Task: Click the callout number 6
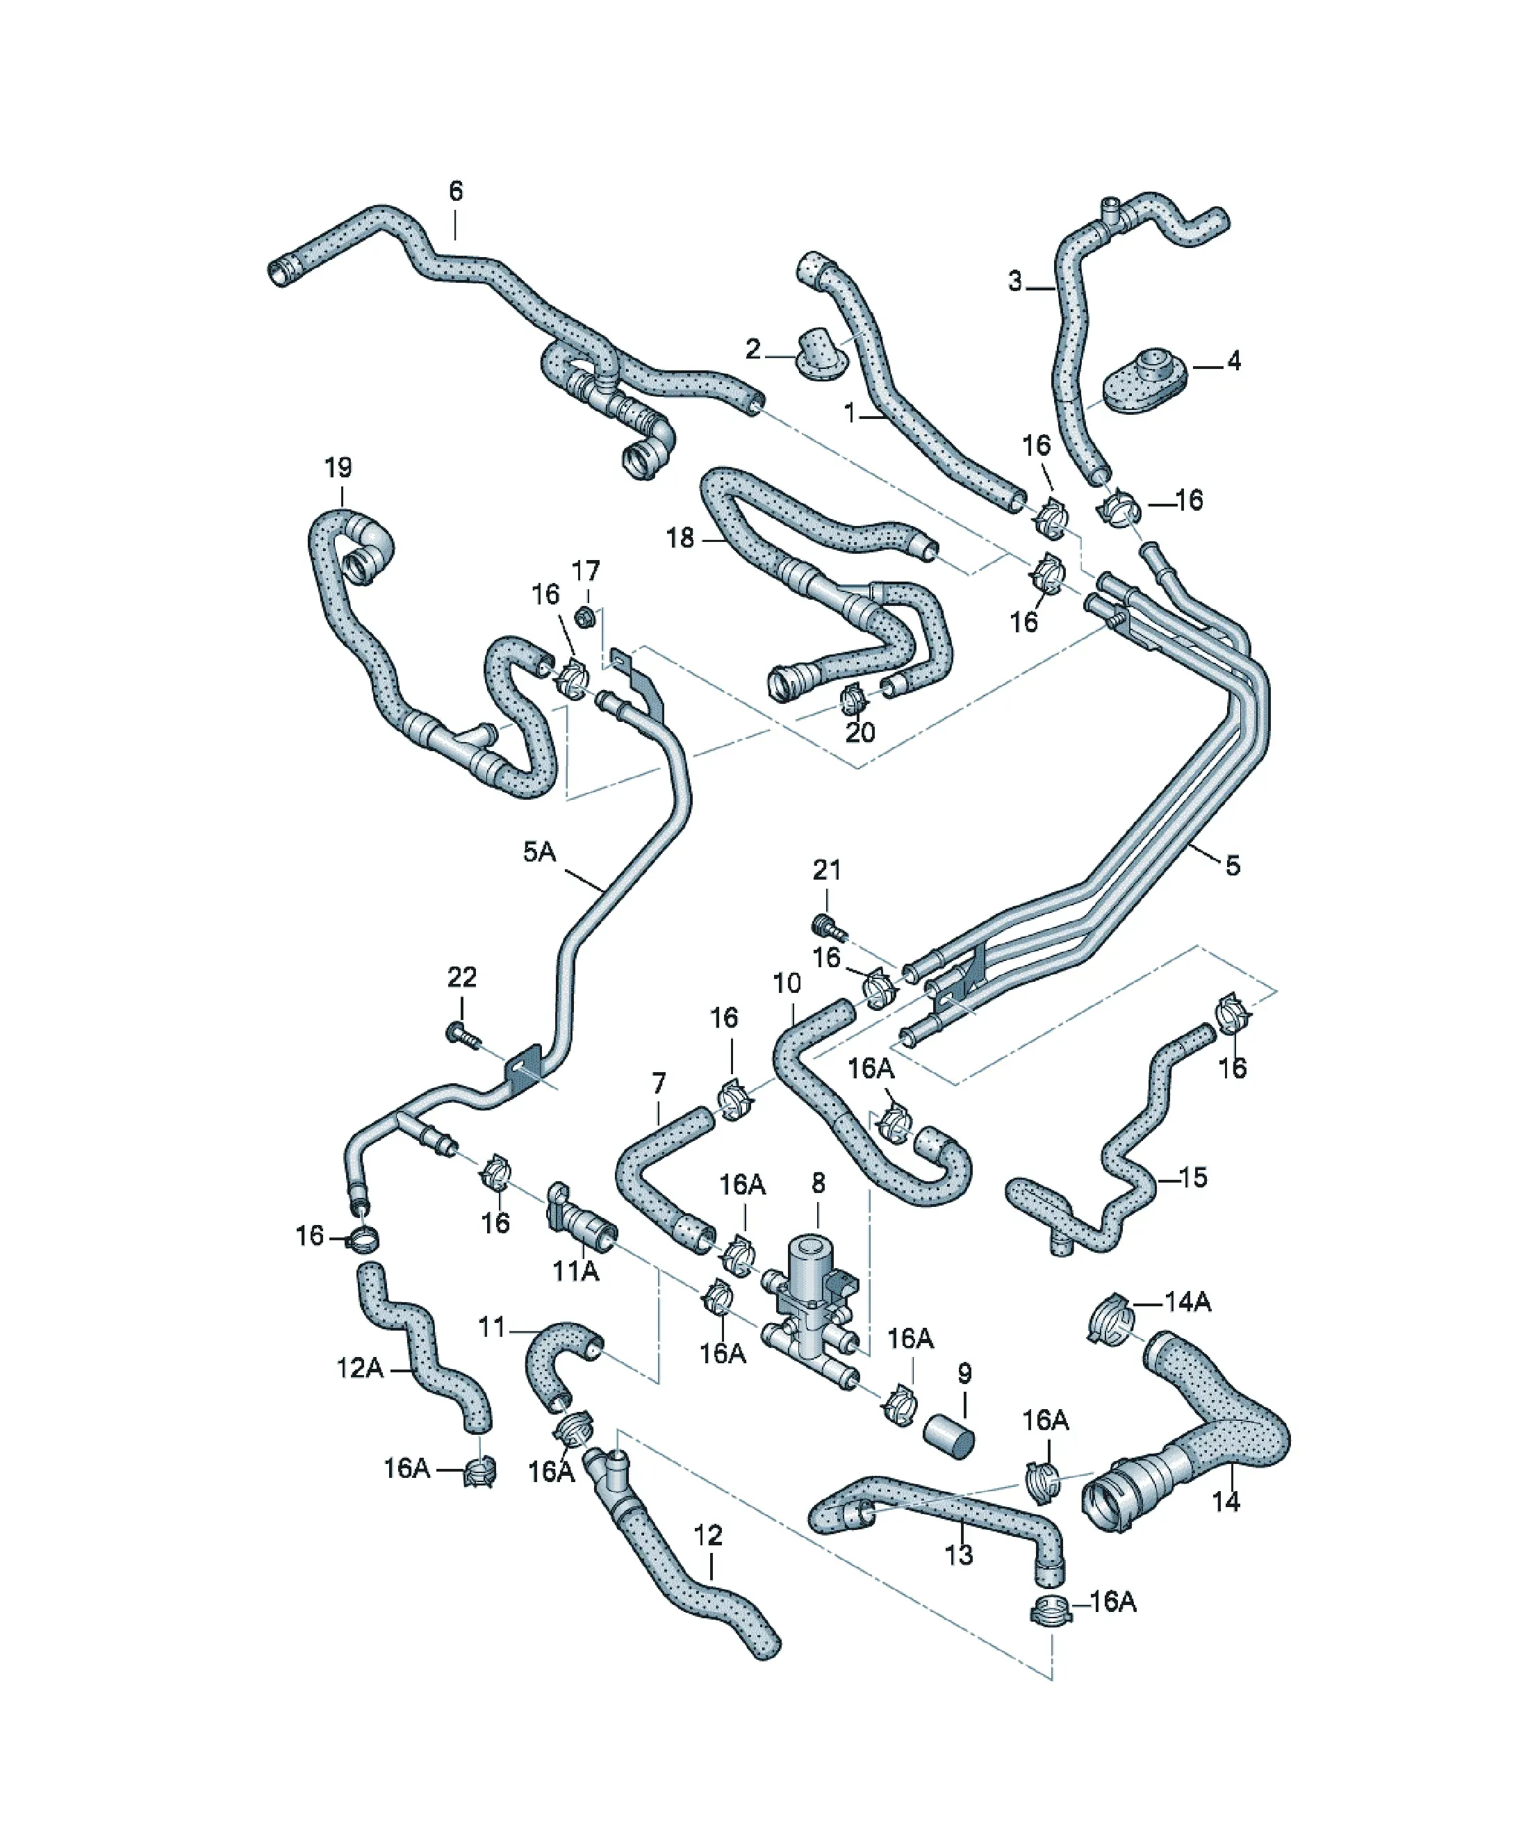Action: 455,191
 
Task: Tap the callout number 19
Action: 338,468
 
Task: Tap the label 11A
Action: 575,1270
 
